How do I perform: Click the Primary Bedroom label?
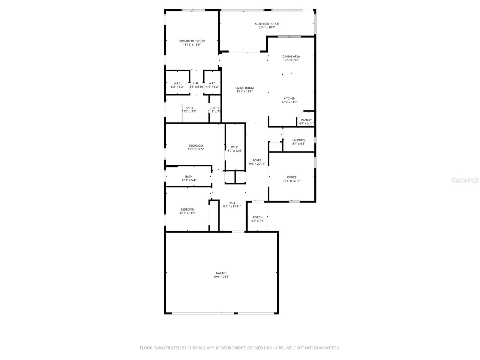pos(192,41)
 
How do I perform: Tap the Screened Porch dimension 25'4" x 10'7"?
pos(267,28)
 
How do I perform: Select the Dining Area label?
pos(291,56)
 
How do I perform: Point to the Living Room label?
pos(244,88)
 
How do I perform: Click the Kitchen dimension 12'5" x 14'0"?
pos(289,102)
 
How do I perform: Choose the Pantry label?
pos(306,120)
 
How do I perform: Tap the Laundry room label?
pos(299,140)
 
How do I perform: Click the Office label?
pos(292,177)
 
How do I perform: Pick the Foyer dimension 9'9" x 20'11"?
pos(257,164)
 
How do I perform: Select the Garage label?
pos(221,273)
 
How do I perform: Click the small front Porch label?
pos(258,217)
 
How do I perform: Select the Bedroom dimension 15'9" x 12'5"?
pos(196,149)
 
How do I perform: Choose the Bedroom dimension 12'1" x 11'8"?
pos(187,213)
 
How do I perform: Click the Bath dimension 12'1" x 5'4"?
pos(189,180)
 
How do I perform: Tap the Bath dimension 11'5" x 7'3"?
pos(189,111)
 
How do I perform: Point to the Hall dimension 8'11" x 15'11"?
pos(232,206)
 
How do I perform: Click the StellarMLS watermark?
pos(465,180)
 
